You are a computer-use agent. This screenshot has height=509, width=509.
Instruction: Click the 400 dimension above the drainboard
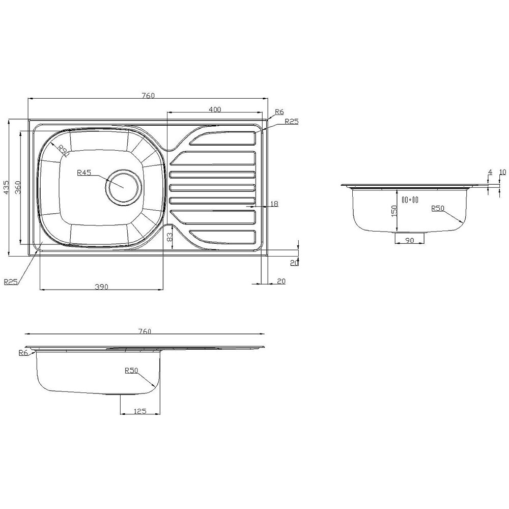tap(214, 109)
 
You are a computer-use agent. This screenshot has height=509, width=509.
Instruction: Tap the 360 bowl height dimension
tap(17, 187)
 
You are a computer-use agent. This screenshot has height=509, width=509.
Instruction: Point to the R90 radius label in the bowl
tap(63, 150)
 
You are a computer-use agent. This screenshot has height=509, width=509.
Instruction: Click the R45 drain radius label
tap(84, 173)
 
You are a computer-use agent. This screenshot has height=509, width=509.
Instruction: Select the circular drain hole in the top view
tap(123, 186)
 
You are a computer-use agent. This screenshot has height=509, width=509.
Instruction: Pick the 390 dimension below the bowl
tap(101, 287)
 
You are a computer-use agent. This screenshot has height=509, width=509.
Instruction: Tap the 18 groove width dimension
tap(274, 204)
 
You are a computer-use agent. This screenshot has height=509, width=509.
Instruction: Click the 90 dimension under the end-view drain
tap(408, 240)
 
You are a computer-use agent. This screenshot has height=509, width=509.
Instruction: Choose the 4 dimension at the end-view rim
tap(490, 173)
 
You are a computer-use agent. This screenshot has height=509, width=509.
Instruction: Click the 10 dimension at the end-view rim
tap(502, 173)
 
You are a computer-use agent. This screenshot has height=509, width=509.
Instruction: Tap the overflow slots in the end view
tap(409, 200)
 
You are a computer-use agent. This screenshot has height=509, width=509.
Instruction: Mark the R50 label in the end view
tap(438, 208)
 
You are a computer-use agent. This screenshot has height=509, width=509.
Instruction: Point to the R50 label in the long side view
tap(131, 371)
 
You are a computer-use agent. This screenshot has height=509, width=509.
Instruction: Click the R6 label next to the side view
tap(22, 353)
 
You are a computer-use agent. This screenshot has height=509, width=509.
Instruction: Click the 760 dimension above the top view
tap(148, 95)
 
